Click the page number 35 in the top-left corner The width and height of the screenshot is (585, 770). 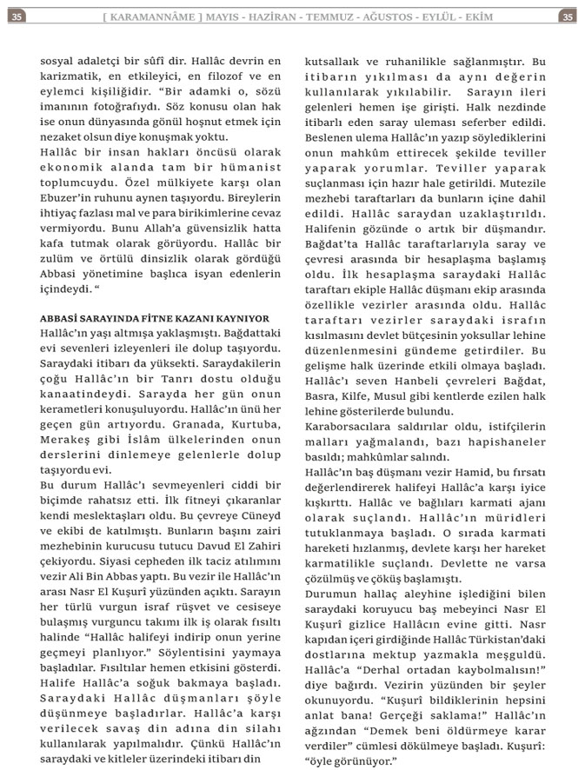(18, 16)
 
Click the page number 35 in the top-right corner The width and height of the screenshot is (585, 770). (567, 16)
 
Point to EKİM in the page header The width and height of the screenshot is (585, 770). (526, 16)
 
